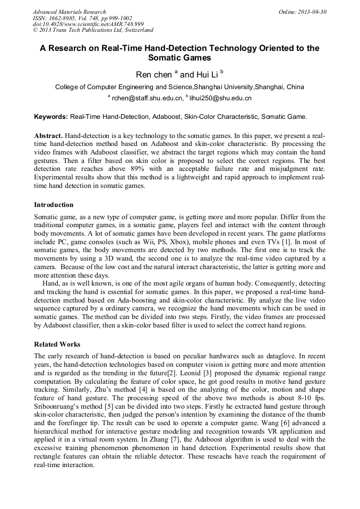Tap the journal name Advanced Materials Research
pyautogui.click(x=69, y=12)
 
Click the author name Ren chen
pyautogui.click(x=154, y=75)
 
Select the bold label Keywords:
pyautogui.click(x=51, y=116)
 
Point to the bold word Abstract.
pyautogui.click(x=48, y=135)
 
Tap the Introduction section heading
pyautogui.click(x=54, y=205)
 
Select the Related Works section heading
pyautogui.click(x=57, y=344)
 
